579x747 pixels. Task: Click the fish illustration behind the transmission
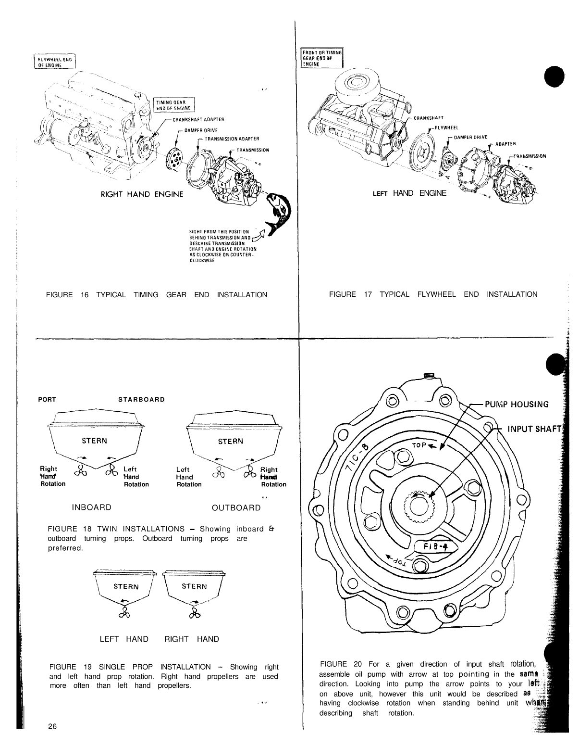point(277,213)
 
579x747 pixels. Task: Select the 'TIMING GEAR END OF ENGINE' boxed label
point(172,104)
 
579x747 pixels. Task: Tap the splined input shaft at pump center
point(417,507)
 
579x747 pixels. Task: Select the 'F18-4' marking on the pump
point(435,547)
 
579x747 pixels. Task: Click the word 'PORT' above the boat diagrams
point(47,399)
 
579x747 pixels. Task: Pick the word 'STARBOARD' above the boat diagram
point(141,399)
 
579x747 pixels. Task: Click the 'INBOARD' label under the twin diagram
point(91,507)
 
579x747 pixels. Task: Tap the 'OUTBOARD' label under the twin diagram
point(236,507)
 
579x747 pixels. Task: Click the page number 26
point(52,726)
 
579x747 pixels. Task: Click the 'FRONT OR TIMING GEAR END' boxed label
point(321,58)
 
